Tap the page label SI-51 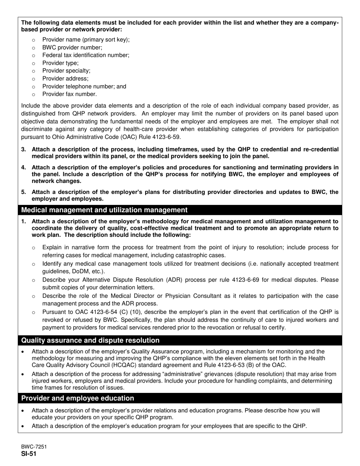point(29,454)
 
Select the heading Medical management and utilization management point(104,210)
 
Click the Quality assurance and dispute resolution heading point(90,340)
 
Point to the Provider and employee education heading point(78,398)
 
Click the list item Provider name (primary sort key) point(86,39)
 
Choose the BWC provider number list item point(72,47)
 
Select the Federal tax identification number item point(86,55)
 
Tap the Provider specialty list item point(66,71)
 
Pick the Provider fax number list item point(69,94)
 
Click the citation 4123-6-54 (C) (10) point(101,312)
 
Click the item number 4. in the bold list point(24,167)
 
